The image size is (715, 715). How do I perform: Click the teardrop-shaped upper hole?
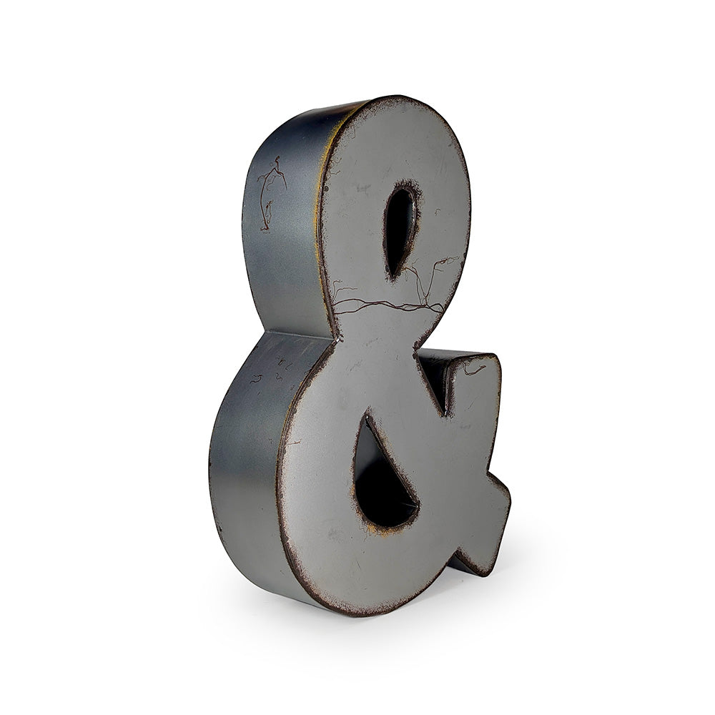point(400,230)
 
